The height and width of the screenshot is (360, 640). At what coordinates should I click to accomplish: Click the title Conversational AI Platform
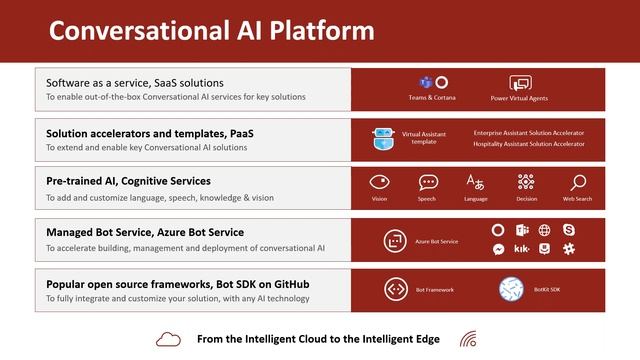pos(211,30)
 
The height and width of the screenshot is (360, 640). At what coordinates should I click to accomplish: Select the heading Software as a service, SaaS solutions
pos(135,82)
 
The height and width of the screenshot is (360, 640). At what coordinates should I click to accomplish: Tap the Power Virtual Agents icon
pos(520,84)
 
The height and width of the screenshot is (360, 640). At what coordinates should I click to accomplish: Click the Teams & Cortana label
pos(431,98)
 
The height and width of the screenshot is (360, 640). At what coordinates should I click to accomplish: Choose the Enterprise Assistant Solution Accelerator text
pos(529,132)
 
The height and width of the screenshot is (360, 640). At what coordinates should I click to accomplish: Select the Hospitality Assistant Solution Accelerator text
pos(529,144)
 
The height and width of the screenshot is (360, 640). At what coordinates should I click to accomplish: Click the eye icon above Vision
pos(379,182)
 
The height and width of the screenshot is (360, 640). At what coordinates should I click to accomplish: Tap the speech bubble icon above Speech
pos(428,182)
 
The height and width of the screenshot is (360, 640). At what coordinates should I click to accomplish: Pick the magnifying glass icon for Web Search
pos(578,182)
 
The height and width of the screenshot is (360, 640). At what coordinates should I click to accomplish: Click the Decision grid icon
pos(526,182)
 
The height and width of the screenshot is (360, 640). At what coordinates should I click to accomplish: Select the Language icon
pos(475,182)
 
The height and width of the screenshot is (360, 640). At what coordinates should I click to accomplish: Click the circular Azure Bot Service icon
pos(395,241)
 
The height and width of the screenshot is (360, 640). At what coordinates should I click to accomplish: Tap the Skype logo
pos(569,230)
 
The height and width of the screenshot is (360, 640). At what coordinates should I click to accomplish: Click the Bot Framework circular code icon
pos(395,290)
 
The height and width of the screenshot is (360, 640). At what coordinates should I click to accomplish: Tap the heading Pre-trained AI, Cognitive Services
pos(128,181)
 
